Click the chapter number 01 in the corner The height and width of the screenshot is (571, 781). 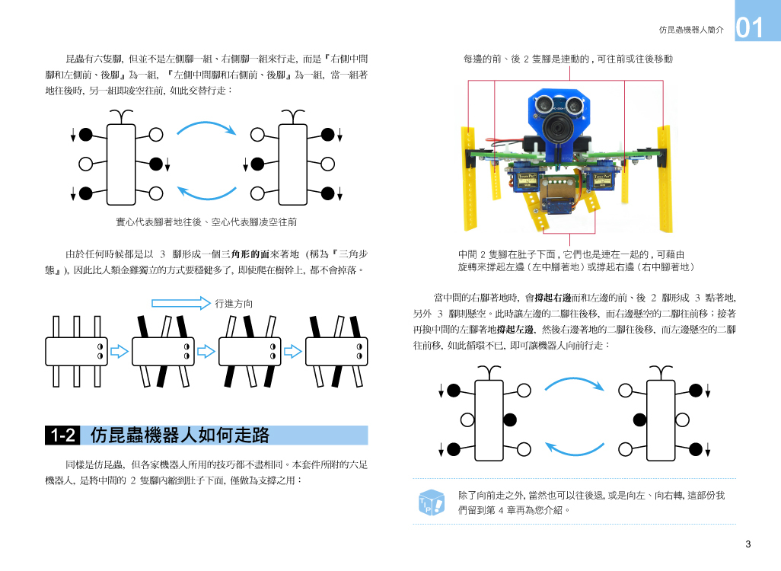pos(750,28)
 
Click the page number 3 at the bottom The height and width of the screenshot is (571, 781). pos(748,544)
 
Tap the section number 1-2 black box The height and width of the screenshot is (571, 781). pos(62,435)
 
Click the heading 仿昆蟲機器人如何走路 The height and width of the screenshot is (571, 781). pos(180,435)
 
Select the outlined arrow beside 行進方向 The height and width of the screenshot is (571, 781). pos(180,303)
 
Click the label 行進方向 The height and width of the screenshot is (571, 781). pos(234,303)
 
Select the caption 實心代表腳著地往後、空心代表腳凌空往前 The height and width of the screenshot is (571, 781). pos(206,222)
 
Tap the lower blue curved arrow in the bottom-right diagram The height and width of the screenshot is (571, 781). pos(575,448)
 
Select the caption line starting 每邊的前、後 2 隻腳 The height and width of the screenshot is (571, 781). pos(568,59)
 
